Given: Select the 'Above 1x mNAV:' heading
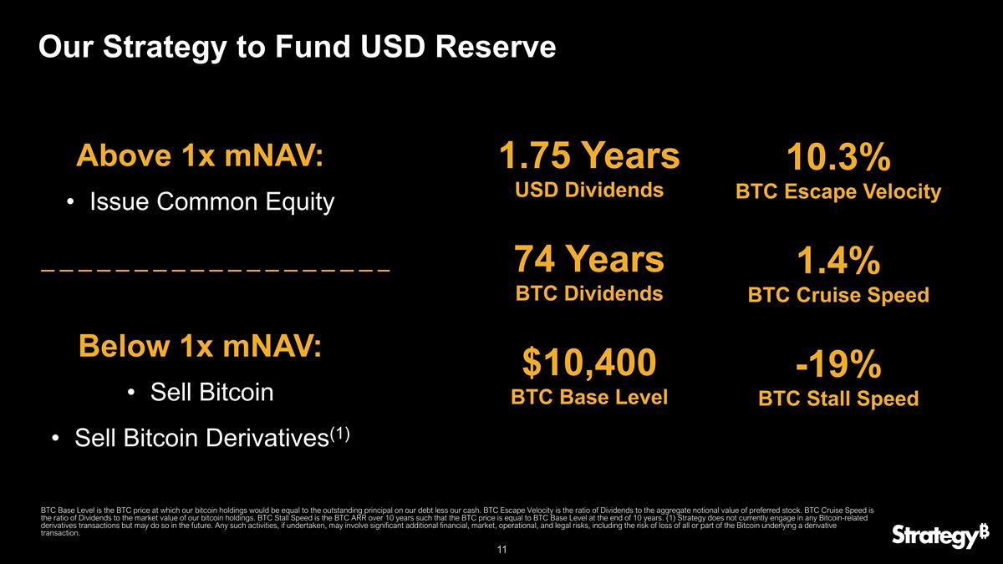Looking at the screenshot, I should tap(200, 156).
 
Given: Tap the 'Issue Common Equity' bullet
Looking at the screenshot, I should tap(211, 201).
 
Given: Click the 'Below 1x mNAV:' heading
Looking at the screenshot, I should tap(200, 346).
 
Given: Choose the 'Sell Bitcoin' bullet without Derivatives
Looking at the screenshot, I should tap(211, 392).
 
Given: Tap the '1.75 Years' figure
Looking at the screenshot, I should tap(588, 155).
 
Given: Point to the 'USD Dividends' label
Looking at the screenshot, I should tap(588, 190).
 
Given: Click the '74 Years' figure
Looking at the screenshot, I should tap(588, 260).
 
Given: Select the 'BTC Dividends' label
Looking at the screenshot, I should tap(588, 293).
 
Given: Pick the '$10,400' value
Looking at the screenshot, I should tap(588, 363).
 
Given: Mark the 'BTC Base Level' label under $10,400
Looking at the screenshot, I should tap(588, 397).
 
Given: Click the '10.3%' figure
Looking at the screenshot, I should tap(838, 158).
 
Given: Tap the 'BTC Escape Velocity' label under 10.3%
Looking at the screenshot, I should tap(838, 192).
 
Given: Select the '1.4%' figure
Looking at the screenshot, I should tap(838, 262).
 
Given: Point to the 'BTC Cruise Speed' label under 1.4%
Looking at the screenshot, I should tap(838, 295).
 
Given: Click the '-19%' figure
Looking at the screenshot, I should tap(838, 364).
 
